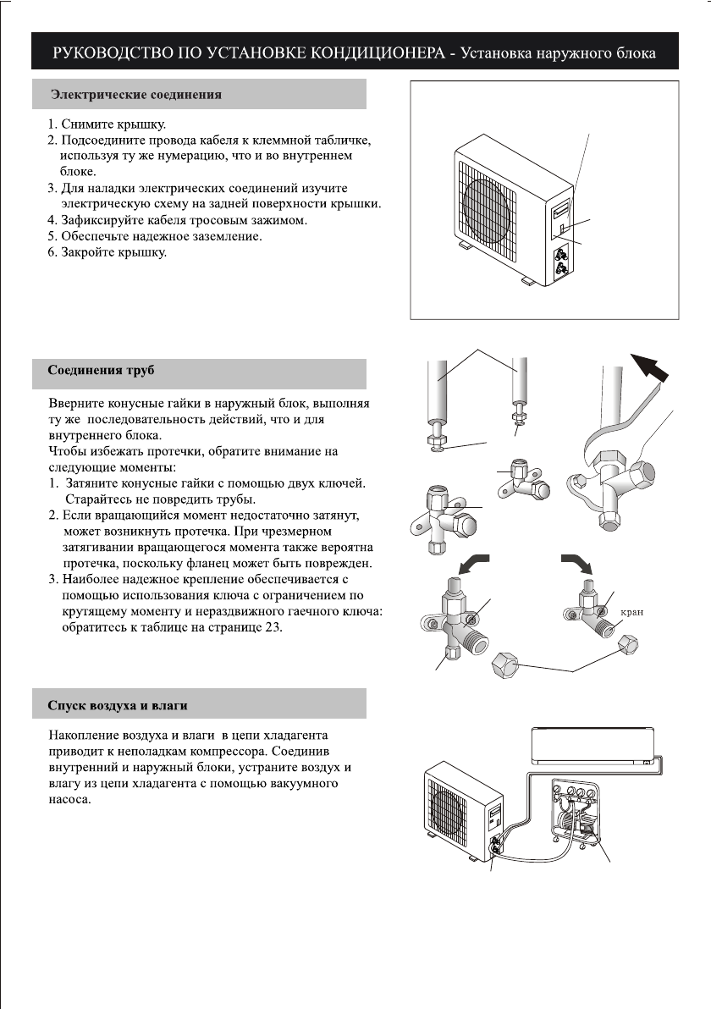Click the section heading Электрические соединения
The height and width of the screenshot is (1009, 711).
[136, 95]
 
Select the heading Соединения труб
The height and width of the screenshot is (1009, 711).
[101, 371]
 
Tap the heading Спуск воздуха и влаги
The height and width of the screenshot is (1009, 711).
[117, 704]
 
